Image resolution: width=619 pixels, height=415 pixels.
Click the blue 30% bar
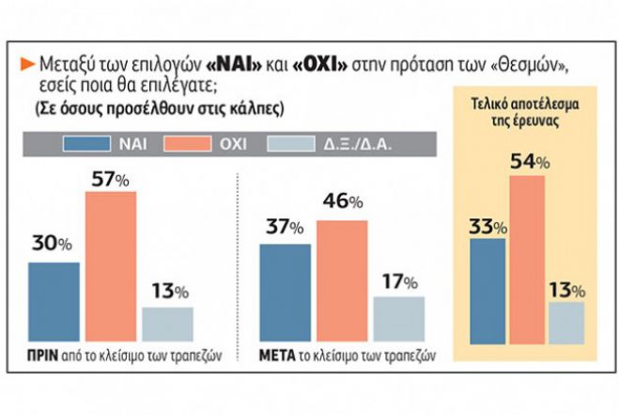(54, 300)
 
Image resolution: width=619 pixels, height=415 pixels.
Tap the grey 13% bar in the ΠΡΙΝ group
(167, 322)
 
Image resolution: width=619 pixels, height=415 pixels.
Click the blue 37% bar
(284, 291)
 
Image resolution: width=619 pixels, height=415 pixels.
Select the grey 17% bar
(398, 317)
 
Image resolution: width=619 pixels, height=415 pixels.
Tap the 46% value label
(342, 202)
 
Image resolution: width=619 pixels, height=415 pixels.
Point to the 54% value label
(529, 162)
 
